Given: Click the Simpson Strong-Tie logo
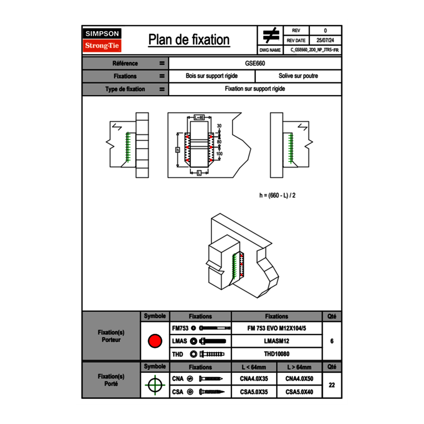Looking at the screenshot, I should pyautogui.click(x=103, y=40).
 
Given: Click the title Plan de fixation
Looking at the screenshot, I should pyautogui.click(x=189, y=40).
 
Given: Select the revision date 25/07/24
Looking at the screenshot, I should pyautogui.click(x=325, y=40).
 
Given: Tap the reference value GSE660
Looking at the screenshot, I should pyautogui.click(x=255, y=63).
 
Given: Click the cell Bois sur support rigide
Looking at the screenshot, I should pyautogui.click(x=212, y=76).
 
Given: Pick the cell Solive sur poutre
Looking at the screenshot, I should pyautogui.click(x=298, y=76).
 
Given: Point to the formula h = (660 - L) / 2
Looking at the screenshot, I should pyautogui.click(x=277, y=195).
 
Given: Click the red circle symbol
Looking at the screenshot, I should pyautogui.click(x=155, y=341).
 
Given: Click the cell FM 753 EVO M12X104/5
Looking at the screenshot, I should pyautogui.click(x=277, y=328).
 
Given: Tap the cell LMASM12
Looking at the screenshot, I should pyautogui.click(x=277, y=341).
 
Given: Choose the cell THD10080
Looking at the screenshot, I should pyautogui.click(x=277, y=354).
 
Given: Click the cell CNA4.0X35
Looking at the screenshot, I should pyautogui.click(x=254, y=379).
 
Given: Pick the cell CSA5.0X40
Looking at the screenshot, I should pyautogui.click(x=299, y=392).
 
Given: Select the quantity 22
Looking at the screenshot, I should pyautogui.click(x=331, y=385).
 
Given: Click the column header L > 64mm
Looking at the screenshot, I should pyautogui.click(x=299, y=367).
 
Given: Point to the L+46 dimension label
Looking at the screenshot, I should pyautogui.click(x=199, y=117).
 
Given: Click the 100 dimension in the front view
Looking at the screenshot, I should pyautogui.click(x=219, y=154).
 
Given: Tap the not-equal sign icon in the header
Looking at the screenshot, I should pyautogui.click(x=271, y=35).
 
